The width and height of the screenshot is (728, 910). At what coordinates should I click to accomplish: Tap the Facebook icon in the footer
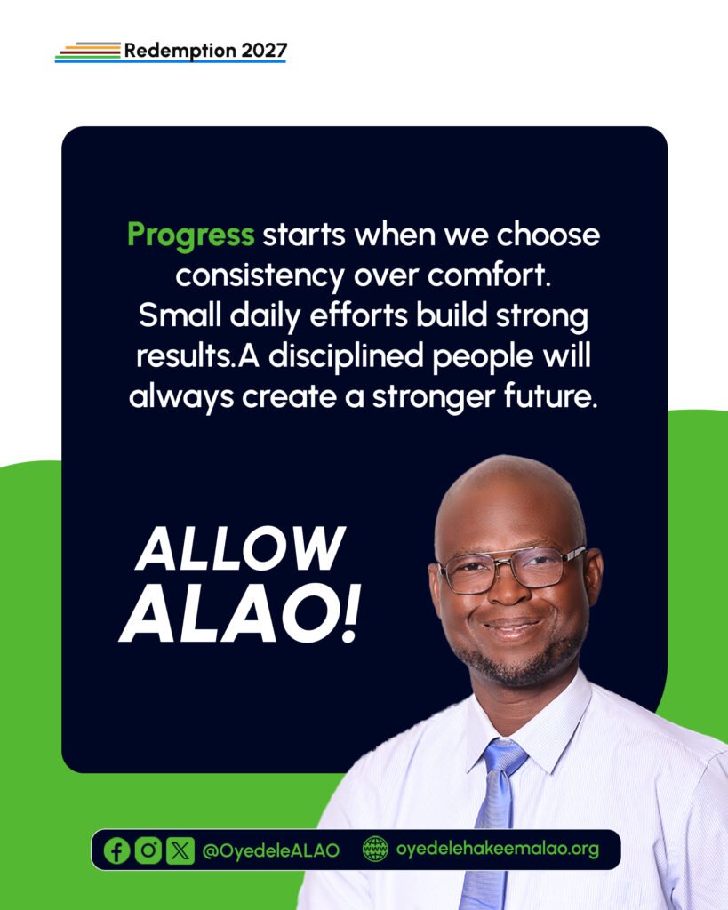(116, 850)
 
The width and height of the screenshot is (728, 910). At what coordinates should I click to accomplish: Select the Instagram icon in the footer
(148, 850)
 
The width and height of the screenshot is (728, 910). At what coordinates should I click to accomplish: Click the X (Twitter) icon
(180, 850)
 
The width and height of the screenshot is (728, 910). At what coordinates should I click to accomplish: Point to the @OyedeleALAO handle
(270, 850)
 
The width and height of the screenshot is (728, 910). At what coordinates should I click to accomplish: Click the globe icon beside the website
(375, 849)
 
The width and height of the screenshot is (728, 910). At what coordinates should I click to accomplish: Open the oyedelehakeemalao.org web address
(498, 849)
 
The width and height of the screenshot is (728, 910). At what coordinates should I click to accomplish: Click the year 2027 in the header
(264, 51)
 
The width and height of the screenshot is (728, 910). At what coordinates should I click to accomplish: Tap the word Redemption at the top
(180, 51)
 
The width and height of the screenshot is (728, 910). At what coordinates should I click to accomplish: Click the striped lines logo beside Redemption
(88, 52)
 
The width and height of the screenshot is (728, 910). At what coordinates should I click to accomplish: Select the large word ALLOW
(240, 548)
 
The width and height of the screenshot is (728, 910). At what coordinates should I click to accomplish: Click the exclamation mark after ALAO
(350, 614)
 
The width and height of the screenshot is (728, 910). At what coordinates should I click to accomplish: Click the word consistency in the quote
(260, 276)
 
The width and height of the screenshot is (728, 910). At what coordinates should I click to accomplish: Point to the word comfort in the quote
(488, 275)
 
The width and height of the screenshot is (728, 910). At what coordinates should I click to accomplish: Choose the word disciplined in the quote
(346, 355)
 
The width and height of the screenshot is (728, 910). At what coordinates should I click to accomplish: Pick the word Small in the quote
(180, 315)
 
